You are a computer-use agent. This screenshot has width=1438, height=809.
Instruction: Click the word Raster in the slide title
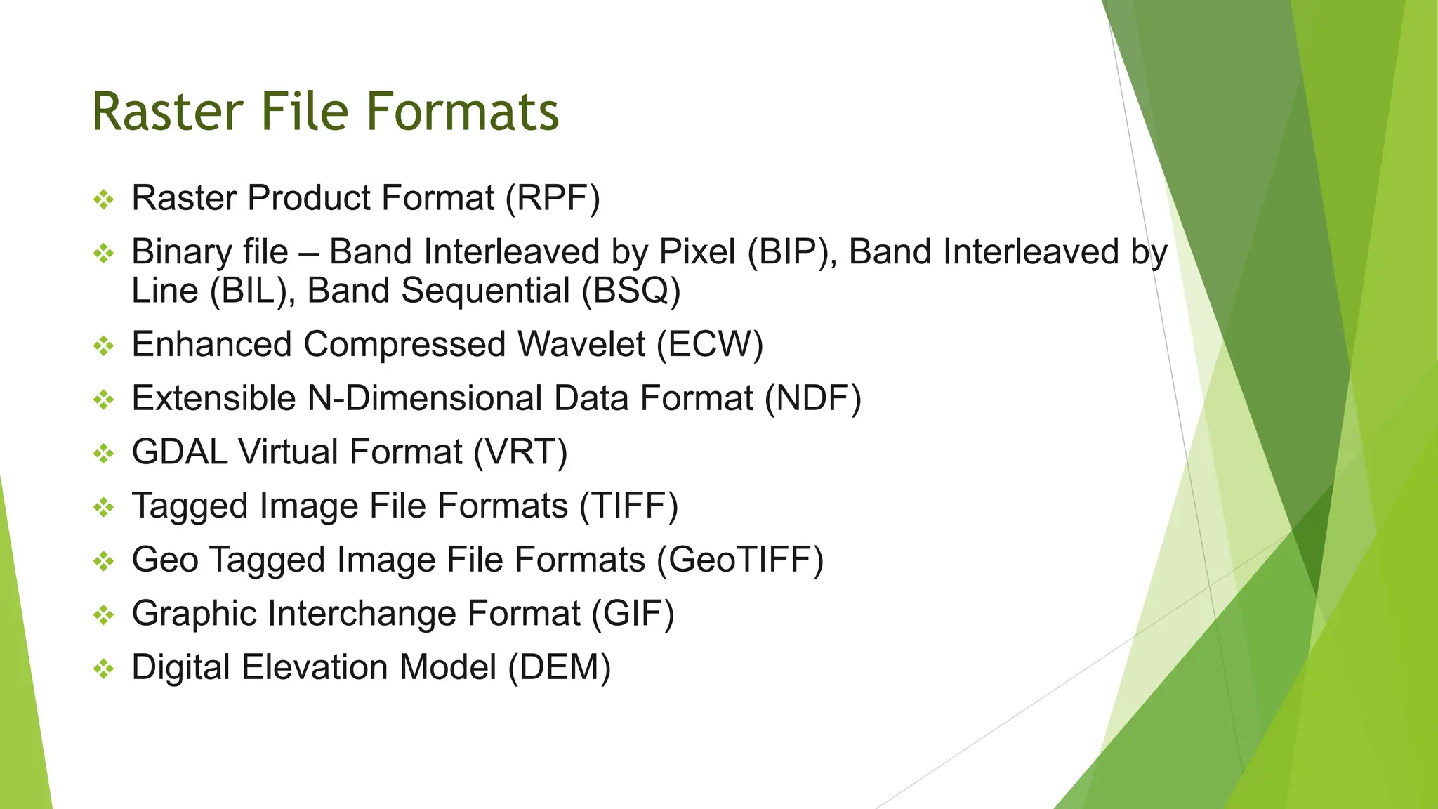[168, 112]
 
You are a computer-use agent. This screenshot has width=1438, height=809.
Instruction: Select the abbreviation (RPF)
[553, 198]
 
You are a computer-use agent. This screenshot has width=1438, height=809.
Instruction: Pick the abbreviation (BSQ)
[631, 291]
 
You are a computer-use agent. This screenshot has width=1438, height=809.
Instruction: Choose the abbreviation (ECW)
[710, 345]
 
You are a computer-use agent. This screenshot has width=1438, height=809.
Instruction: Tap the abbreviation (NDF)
[812, 399]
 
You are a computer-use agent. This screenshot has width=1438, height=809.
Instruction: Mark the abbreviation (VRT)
[520, 452]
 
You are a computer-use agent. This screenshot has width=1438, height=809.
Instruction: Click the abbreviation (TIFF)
[628, 506]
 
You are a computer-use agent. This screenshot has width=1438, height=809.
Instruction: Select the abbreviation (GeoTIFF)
[740, 560]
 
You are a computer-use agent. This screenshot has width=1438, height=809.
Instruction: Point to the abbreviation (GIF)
[632, 614]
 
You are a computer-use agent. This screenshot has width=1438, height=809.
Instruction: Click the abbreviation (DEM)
[559, 668]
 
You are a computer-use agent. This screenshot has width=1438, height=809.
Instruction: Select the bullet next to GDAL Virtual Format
[104, 454]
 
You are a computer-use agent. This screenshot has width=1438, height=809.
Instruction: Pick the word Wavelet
[581, 345]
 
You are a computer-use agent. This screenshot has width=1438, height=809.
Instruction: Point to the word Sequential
[485, 291]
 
